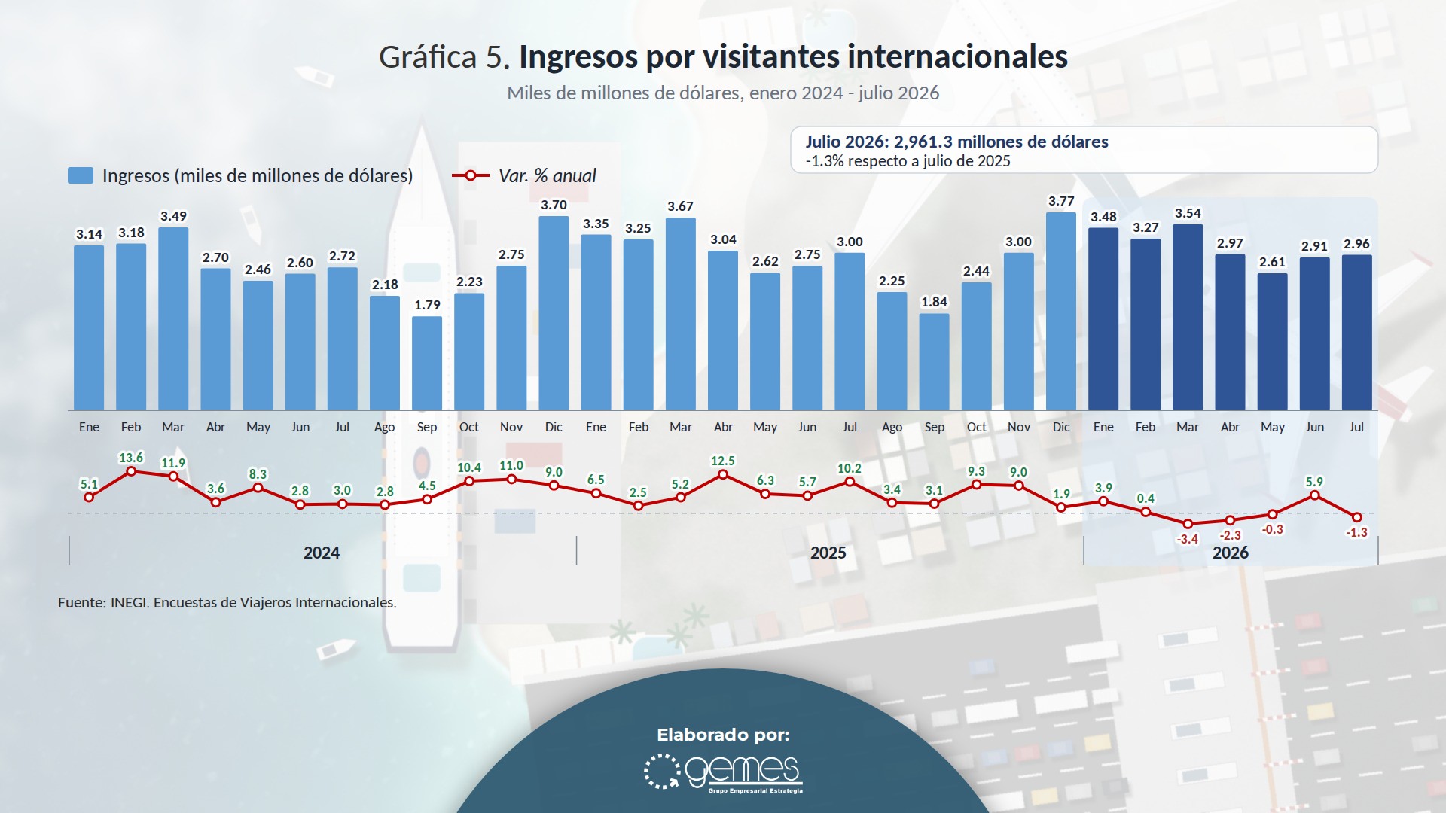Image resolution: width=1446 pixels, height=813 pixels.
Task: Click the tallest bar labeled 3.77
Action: tap(1061, 311)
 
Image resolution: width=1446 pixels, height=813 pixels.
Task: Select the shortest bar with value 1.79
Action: tap(427, 363)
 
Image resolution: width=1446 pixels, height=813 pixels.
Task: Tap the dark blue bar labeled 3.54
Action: tap(1188, 317)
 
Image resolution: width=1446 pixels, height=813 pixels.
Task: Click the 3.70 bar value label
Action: tap(554, 205)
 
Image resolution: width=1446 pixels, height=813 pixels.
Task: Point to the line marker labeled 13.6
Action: tap(131, 471)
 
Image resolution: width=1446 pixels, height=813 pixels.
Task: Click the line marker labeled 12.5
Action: tap(723, 474)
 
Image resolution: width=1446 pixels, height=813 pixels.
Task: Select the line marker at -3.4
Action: tap(1188, 524)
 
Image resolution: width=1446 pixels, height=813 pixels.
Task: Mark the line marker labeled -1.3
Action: tap(1357, 517)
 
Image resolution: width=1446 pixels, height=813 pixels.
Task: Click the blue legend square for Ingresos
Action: tap(81, 175)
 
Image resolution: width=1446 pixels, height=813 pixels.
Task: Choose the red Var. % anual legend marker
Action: tap(471, 175)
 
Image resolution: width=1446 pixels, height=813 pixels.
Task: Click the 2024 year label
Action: tap(322, 553)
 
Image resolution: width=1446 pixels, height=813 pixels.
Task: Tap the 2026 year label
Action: tap(1231, 553)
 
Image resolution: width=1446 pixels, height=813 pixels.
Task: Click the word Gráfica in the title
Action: tap(428, 57)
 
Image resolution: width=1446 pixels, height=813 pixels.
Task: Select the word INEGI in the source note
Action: tap(129, 602)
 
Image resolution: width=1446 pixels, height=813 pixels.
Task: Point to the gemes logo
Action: tap(724, 772)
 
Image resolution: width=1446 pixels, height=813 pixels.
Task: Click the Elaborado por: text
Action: tap(723, 735)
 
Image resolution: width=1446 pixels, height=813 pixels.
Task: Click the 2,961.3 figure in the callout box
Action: tap(923, 142)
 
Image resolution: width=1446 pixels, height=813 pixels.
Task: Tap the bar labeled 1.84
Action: tap(935, 361)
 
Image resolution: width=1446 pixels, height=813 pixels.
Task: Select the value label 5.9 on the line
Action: tap(1314, 482)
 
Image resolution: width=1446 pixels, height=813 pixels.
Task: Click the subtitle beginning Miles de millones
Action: tap(723, 93)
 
